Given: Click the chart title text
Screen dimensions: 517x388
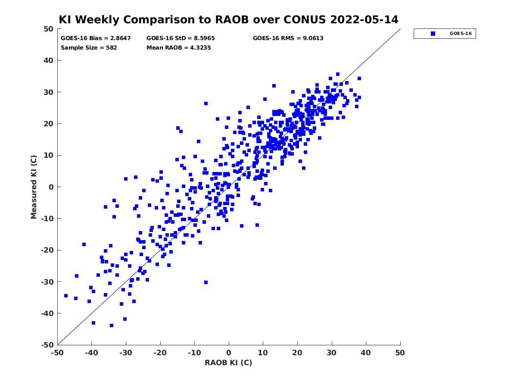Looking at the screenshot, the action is [x=228, y=19].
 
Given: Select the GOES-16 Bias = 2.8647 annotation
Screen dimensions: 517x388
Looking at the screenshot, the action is [x=96, y=38].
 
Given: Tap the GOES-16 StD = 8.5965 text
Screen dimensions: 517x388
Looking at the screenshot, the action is [x=181, y=38].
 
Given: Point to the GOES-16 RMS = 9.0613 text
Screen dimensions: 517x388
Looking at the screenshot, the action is [x=288, y=38].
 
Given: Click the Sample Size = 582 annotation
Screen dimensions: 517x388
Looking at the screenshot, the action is [x=89, y=47].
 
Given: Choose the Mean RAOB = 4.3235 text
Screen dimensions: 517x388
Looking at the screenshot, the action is [x=178, y=47].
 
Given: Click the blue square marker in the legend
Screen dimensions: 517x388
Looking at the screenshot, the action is [x=433, y=34].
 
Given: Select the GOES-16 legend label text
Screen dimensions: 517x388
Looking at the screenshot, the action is [x=461, y=34].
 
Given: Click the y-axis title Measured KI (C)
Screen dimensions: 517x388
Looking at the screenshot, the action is [x=34, y=187].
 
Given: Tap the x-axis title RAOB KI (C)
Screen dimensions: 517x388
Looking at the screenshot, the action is [x=228, y=362].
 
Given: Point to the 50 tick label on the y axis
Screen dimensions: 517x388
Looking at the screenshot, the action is [x=49, y=29].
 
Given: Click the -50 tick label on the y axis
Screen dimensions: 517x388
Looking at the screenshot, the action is [x=47, y=345].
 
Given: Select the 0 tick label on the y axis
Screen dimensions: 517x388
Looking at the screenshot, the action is [x=51, y=187].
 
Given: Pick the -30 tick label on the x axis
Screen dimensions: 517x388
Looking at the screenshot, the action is [x=125, y=353].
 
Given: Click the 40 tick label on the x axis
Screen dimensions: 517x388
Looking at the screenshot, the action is [x=365, y=353].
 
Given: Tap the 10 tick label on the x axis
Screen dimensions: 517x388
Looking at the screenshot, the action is [x=263, y=353].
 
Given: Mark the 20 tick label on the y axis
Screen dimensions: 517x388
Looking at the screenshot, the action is [x=49, y=124].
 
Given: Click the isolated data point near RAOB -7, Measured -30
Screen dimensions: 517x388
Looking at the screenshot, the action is [x=206, y=282].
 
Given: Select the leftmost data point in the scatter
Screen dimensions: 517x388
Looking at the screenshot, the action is [x=66, y=296].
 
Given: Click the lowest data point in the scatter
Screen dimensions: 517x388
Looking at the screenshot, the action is [x=112, y=325].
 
